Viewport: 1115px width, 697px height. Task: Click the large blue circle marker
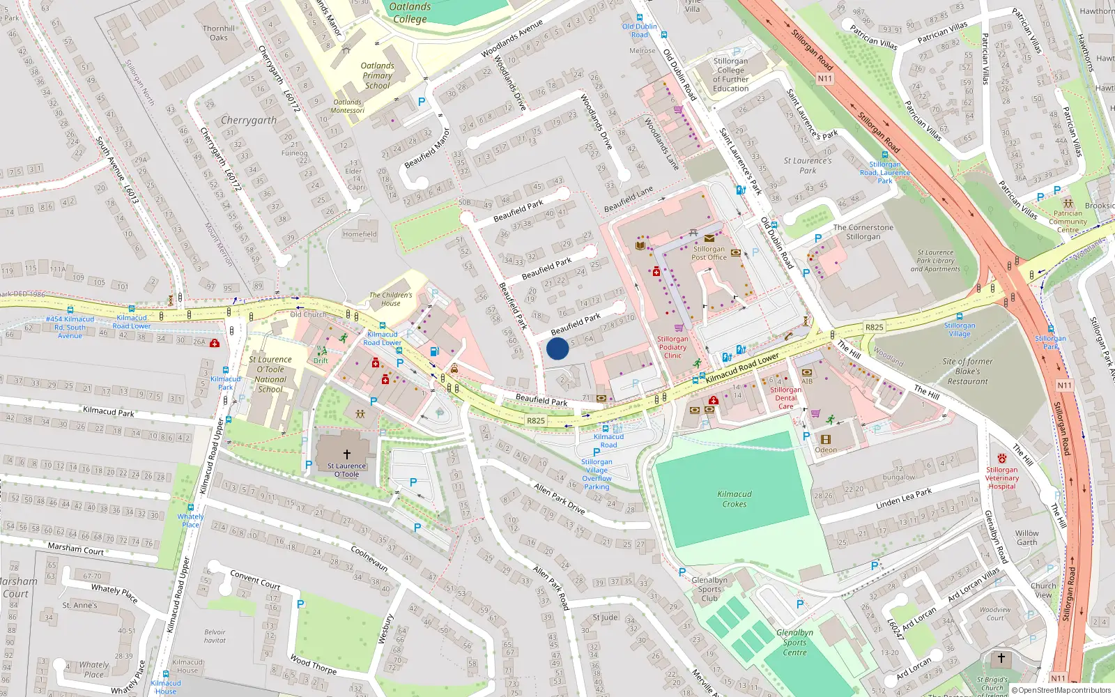[557, 348]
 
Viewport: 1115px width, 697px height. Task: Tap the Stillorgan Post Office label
[709, 253]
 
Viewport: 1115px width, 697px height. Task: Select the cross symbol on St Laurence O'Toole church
[346, 454]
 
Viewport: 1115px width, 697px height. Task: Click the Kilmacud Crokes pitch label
[735, 498]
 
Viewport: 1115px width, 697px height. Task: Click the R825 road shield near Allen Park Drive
[535, 421]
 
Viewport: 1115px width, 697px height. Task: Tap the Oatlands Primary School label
[377, 75]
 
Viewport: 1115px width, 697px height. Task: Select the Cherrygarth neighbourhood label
[249, 120]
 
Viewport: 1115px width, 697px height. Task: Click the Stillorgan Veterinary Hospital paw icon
[1001, 459]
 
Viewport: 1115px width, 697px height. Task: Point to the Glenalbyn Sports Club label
[709, 589]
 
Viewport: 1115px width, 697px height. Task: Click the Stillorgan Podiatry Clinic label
[672, 347]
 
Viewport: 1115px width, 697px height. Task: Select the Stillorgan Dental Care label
[785, 398]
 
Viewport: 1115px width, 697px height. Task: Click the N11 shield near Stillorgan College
[825, 79]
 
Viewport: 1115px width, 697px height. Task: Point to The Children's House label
[390, 299]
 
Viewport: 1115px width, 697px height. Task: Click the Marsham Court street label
[75, 549]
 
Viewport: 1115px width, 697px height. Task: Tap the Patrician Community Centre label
[1068, 222]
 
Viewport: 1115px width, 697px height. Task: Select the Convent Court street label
[255, 579]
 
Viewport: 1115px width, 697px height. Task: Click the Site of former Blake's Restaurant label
[967, 372]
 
